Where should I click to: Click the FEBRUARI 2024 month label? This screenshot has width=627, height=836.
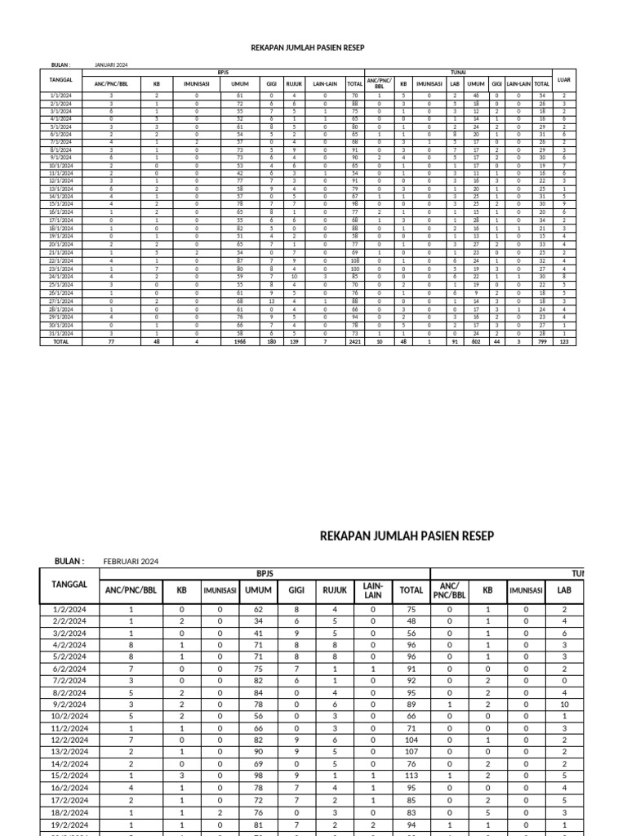(x=131, y=562)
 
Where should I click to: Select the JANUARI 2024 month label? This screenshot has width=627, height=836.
(x=111, y=64)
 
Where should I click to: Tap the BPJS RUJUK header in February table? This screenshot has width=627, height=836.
(x=335, y=589)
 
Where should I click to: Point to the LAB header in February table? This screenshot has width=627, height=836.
(x=564, y=589)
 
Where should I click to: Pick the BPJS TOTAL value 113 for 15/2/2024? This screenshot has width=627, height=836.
(x=411, y=776)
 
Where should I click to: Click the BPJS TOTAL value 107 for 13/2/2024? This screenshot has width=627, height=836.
(x=411, y=752)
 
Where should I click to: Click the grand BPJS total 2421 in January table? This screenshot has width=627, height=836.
(x=354, y=343)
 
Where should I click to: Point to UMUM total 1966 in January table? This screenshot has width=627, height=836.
(x=240, y=343)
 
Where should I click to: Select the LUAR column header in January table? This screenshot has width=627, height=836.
(x=564, y=80)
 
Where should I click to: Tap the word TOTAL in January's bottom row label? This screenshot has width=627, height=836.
(x=61, y=343)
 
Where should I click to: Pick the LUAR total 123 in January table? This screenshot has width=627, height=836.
(x=564, y=343)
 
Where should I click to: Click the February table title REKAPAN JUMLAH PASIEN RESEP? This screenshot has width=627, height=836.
(x=406, y=536)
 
